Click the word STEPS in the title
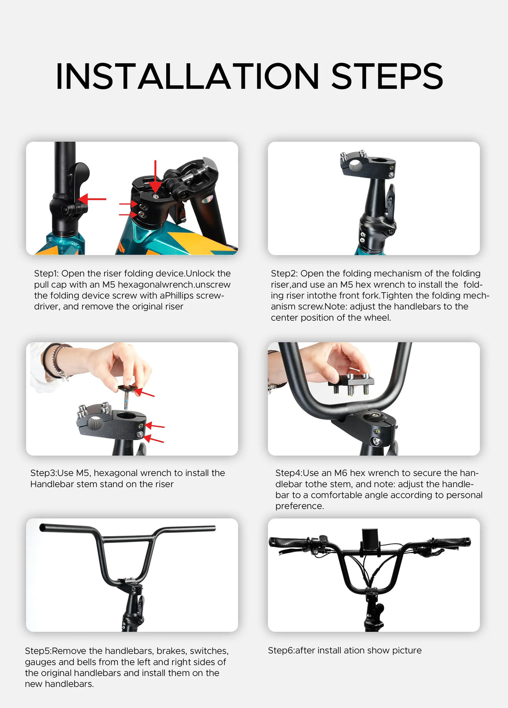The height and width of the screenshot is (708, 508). (387, 77)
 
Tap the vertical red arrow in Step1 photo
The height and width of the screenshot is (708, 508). (155, 176)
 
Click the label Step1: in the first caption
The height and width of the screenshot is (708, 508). (46, 274)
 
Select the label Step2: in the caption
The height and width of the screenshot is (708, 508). (284, 274)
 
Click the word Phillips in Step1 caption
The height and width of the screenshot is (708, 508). (181, 296)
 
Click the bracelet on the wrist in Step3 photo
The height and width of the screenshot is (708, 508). (55, 360)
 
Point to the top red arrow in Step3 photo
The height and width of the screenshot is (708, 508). (145, 393)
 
